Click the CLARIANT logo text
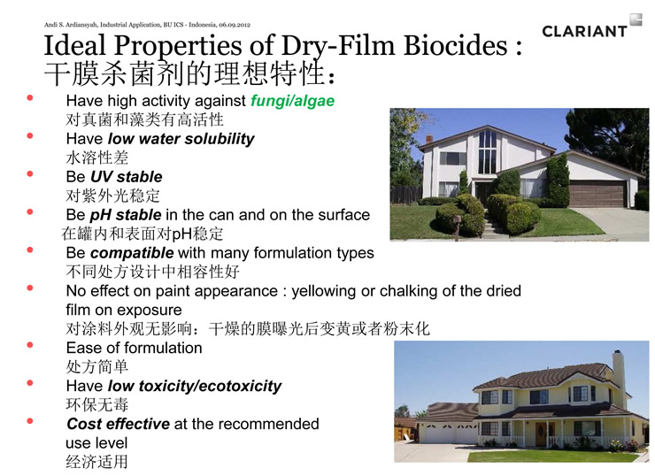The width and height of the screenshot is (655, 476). point(584,31)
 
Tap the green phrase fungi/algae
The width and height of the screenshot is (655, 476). point(292,101)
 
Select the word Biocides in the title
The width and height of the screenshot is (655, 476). point(456,45)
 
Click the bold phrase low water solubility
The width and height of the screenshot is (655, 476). point(181,139)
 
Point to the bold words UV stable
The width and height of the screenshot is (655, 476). point(127,177)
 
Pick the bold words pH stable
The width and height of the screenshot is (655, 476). point(126,216)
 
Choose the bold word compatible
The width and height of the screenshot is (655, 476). point(132,253)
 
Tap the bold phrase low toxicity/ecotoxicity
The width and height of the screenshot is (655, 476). point(194,387)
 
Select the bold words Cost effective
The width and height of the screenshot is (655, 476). point(119,424)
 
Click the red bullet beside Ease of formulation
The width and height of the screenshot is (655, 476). point(30,345)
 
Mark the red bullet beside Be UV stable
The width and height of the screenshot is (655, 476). point(30,173)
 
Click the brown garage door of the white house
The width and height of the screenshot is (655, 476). point(597,194)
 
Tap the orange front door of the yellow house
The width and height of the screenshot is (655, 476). point(542,434)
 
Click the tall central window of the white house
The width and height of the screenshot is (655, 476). point(487,151)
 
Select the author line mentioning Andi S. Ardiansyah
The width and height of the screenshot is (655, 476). point(147,25)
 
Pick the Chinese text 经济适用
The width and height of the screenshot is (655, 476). point(96,462)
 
